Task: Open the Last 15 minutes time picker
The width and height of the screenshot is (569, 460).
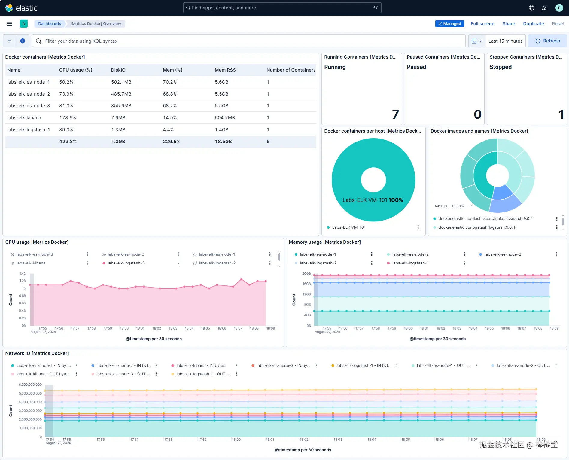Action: tap(505, 41)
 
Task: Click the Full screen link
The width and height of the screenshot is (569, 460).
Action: tap(482, 24)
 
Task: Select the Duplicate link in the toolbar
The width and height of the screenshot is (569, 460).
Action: tap(533, 24)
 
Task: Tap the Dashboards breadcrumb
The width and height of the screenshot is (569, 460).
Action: tap(50, 24)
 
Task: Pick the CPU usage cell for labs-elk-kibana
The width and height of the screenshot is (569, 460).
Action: tap(68, 118)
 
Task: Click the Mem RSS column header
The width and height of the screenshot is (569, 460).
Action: tap(225, 70)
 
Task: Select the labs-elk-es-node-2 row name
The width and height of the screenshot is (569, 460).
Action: tap(29, 94)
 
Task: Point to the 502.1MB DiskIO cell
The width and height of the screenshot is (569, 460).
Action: tap(121, 82)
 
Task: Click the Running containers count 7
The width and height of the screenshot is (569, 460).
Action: tap(395, 114)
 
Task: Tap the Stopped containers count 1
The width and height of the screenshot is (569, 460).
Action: tap(561, 114)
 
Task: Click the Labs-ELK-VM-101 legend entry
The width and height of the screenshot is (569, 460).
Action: tap(348, 227)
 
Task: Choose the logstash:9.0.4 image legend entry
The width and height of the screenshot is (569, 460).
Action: tap(476, 227)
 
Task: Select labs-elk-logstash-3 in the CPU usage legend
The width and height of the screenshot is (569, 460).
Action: tap(126, 263)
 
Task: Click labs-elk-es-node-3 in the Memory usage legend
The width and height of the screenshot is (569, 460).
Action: tap(503, 254)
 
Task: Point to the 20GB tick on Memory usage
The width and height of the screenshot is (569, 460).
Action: tap(306, 273)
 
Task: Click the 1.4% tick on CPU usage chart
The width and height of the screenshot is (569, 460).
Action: tap(23, 273)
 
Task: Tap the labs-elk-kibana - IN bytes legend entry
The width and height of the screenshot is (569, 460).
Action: tap(201, 366)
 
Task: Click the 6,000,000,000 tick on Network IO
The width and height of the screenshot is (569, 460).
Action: tap(30, 385)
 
